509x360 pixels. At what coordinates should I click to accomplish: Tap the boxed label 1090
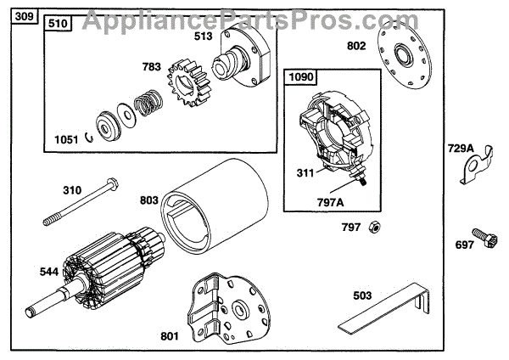(301, 77)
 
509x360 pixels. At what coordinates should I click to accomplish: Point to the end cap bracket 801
(230, 307)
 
